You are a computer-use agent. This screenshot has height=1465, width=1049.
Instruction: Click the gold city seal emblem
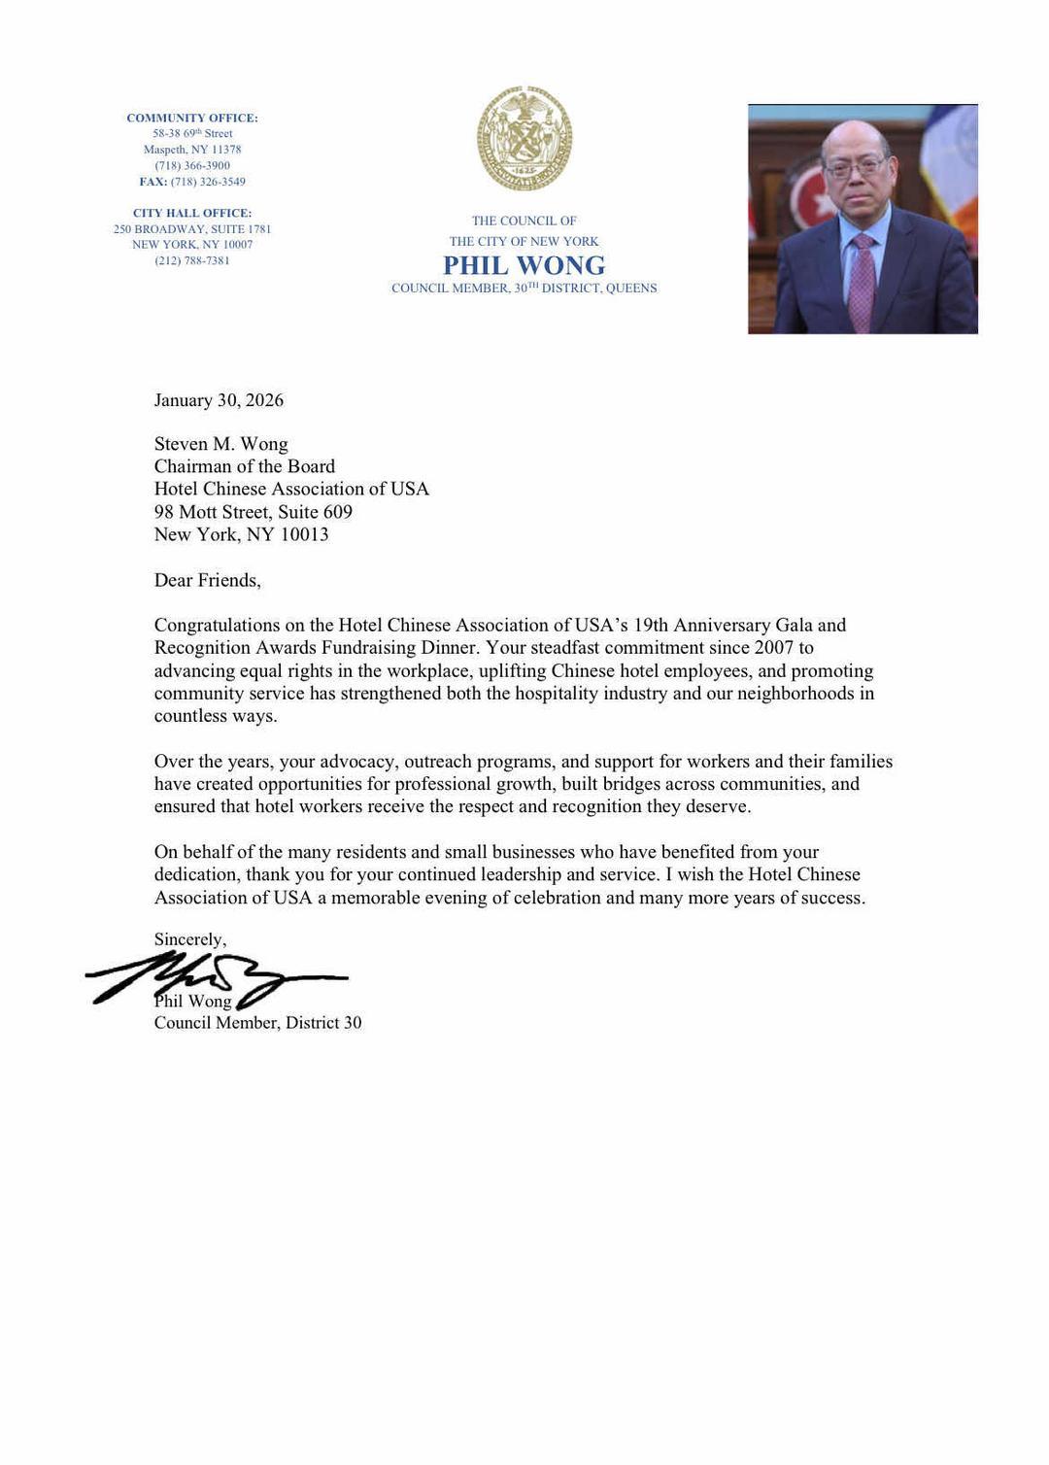(524, 138)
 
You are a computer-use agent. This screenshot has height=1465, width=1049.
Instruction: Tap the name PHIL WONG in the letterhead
(524, 265)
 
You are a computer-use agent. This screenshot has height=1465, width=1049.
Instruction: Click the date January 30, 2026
(219, 400)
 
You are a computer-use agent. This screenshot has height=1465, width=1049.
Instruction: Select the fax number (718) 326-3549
(207, 182)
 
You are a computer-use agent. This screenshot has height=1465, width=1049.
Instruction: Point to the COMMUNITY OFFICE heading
(192, 118)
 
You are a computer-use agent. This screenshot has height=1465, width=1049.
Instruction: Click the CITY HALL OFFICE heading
(192, 213)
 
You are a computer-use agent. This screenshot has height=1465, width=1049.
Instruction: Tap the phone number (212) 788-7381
(192, 260)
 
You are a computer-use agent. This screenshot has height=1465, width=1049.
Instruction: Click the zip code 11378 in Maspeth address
(225, 150)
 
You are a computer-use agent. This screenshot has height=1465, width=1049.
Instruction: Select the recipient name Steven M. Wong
(220, 444)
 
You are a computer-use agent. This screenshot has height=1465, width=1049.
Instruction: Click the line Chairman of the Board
(244, 466)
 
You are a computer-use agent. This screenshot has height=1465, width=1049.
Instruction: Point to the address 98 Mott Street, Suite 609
(253, 512)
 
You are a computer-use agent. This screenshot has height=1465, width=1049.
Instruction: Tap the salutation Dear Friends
(207, 580)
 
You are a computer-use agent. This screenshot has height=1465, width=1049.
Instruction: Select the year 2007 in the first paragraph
(773, 647)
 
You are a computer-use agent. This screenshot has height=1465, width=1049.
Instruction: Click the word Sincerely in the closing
(189, 939)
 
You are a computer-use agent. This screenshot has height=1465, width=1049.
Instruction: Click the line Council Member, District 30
(257, 1022)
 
